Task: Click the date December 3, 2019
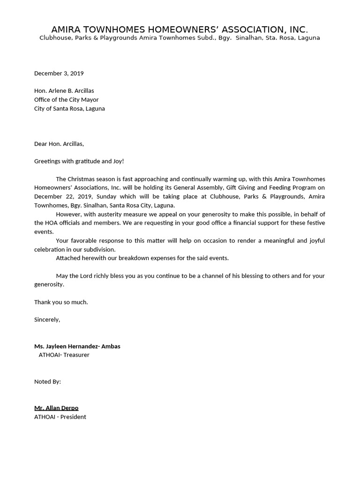(x=59, y=73)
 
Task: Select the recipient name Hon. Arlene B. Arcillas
(x=64, y=91)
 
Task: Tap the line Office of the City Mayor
(x=66, y=100)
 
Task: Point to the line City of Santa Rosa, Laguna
(x=69, y=109)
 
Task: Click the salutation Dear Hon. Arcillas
(x=59, y=144)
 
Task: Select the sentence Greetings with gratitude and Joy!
(x=79, y=161)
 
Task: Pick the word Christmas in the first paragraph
(x=81, y=179)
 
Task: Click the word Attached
(x=68, y=258)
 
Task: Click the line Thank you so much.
(x=61, y=302)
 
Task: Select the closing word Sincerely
(x=47, y=320)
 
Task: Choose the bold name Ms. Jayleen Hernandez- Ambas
(x=77, y=346)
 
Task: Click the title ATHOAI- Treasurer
(x=64, y=355)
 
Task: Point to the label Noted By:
(x=47, y=382)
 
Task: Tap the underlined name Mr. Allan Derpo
(x=56, y=408)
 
